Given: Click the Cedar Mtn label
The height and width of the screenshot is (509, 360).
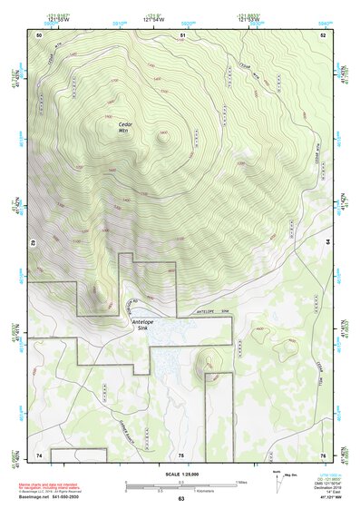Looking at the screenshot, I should [124, 128].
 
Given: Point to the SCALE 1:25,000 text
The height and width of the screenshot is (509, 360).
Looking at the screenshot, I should [180, 475].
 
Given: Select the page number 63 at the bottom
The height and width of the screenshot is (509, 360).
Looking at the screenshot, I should [180, 500].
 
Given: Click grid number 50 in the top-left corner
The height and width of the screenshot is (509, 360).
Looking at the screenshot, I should [39, 34].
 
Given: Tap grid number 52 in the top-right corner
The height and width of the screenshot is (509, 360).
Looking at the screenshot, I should [323, 34].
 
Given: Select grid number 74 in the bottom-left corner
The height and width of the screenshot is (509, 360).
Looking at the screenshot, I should [39, 455].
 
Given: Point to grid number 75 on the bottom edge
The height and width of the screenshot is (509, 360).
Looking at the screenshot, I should [180, 455].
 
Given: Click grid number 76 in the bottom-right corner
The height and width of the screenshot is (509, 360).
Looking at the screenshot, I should [323, 455].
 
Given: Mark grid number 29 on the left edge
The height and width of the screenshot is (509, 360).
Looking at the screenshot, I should [32, 243].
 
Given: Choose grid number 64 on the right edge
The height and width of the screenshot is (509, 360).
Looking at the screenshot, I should [328, 243].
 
